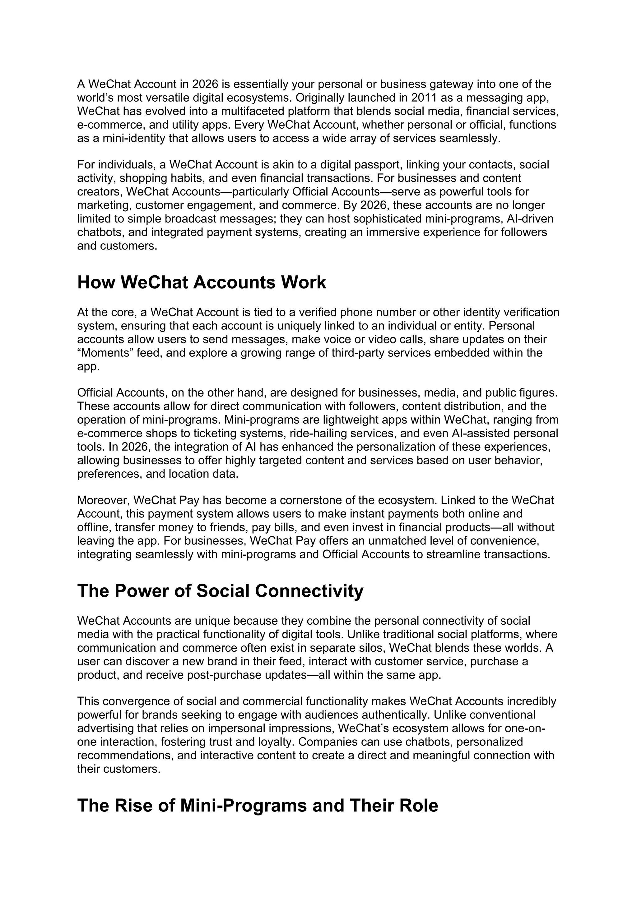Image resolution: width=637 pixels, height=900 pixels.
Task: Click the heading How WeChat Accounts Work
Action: pos(201,282)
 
